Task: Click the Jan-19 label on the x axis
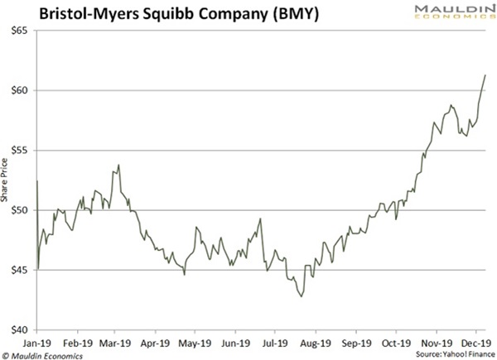pyautogui.click(x=37, y=339)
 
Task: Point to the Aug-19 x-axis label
pyautogui.click(x=316, y=339)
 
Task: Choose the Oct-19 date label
pyautogui.click(x=395, y=339)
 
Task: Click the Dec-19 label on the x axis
pyautogui.click(x=474, y=339)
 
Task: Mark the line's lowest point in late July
pyautogui.click(x=302, y=295)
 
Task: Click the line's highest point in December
pyautogui.click(x=485, y=75)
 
